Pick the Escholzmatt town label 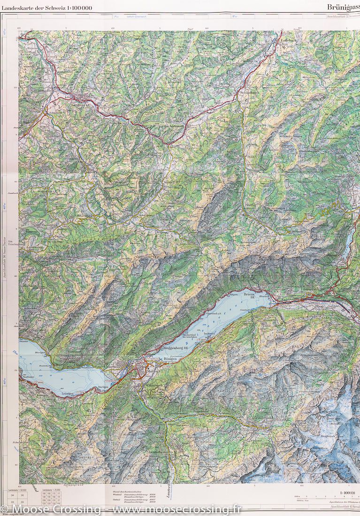(172, 127)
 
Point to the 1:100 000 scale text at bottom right (347, 492)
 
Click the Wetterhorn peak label (330, 412)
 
